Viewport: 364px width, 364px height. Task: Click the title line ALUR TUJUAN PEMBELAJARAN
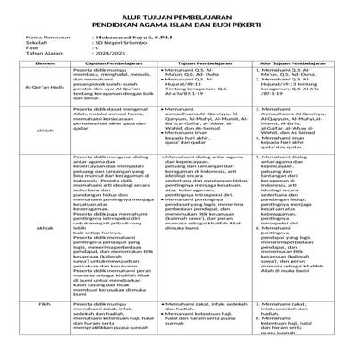coord(181,13)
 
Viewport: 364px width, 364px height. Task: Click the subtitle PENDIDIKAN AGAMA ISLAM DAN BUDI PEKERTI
coord(181,22)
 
